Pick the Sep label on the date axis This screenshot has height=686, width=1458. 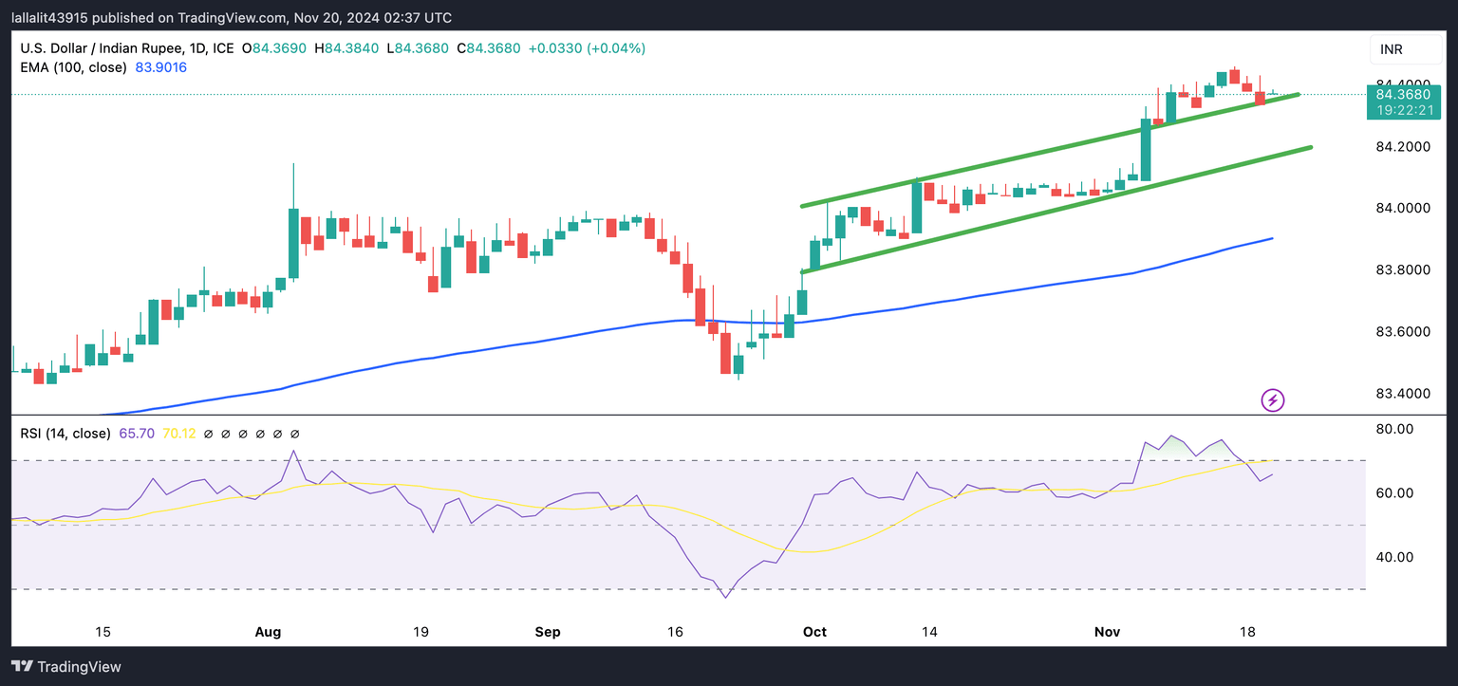pyautogui.click(x=548, y=632)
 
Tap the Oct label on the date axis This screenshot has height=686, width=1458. pyautogui.click(x=814, y=632)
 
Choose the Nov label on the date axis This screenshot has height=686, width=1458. pyautogui.click(x=1107, y=632)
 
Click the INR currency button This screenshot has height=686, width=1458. pyautogui.click(x=1392, y=49)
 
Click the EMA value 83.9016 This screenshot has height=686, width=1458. pyautogui.click(x=161, y=67)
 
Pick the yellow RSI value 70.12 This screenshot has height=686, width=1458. pyautogui.click(x=179, y=434)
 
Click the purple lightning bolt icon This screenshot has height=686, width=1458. pyautogui.click(x=1273, y=400)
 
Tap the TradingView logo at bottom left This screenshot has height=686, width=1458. pyautogui.click(x=66, y=667)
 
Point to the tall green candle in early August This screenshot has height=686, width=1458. pyautogui.click(x=294, y=243)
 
